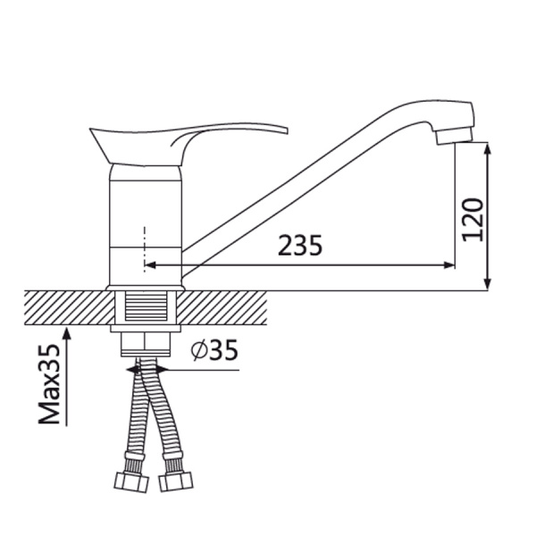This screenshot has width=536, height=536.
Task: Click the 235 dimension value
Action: pyautogui.click(x=300, y=245)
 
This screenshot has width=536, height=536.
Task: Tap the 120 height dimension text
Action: pyautogui.click(x=473, y=220)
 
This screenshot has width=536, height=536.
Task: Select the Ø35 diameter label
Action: pyautogui.click(x=214, y=349)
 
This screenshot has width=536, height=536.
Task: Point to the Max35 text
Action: pyautogui.click(x=49, y=384)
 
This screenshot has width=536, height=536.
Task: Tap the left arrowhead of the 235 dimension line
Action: pyautogui.click(x=150, y=265)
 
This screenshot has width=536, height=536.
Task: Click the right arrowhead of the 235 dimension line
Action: pyautogui.click(x=449, y=265)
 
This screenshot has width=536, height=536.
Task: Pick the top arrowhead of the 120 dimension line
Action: pyautogui.click(x=489, y=148)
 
